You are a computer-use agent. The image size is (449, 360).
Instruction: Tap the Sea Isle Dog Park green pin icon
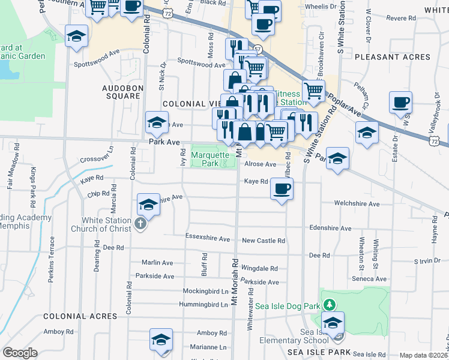[x=327, y=305]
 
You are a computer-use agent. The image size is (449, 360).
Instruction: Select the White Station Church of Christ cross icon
[x=140, y=224]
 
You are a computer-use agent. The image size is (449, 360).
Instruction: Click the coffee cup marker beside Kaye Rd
[x=282, y=189]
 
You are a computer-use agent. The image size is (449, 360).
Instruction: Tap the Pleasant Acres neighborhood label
[x=392, y=57]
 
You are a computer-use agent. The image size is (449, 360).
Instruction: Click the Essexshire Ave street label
[x=208, y=239]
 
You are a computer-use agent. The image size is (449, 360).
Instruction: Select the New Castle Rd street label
[x=263, y=241]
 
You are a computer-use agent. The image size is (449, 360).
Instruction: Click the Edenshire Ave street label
[x=330, y=229]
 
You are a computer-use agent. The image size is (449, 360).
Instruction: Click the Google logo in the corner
[x=20, y=353]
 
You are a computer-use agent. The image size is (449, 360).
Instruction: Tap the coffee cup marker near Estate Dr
[x=400, y=103]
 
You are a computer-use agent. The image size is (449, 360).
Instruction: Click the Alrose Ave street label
[x=260, y=164]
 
